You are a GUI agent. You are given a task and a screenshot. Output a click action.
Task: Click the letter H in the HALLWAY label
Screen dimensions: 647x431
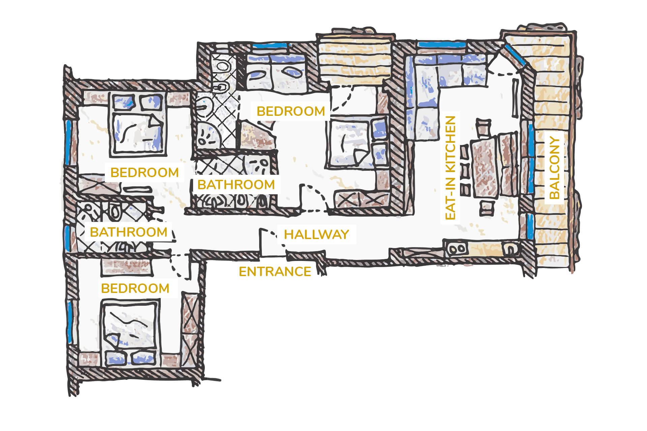coord(289,234)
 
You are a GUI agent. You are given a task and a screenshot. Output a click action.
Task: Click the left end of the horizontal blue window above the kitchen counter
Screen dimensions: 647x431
coord(418,44)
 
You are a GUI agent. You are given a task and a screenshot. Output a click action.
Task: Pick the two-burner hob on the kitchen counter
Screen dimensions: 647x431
coord(457,250)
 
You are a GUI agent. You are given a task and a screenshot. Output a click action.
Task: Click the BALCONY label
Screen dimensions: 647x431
coord(554,167)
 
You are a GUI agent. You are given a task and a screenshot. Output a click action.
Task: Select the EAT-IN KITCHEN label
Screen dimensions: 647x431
coord(451,168)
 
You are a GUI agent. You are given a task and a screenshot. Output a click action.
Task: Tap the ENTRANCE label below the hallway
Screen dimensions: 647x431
coord(275,271)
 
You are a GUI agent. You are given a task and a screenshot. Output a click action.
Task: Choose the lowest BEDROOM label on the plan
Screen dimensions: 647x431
coord(135,288)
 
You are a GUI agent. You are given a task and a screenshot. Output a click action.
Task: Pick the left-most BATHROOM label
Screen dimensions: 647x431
coord(129,232)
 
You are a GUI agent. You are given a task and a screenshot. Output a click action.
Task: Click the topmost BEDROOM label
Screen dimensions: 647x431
coord(291,111)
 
